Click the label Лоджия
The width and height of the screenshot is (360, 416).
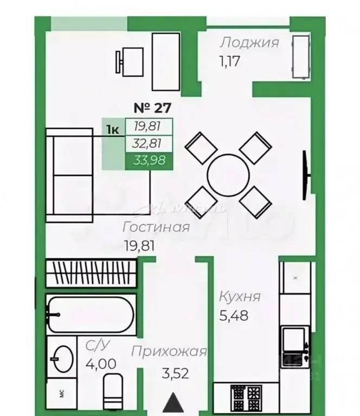coord(249,43)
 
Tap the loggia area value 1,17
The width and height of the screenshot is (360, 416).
coord(229,59)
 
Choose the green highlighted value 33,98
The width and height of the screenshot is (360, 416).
coord(149,161)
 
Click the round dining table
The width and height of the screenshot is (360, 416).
coord(228,175)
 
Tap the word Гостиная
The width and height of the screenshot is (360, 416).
coord(156,226)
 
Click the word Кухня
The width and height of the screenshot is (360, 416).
coord(240,297)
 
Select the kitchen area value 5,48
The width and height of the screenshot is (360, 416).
coord(234,315)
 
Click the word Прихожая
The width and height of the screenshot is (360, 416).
coord(169,352)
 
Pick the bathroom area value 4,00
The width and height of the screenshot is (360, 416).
coord(100,363)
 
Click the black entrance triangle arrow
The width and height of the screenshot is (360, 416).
coord(173,403)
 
